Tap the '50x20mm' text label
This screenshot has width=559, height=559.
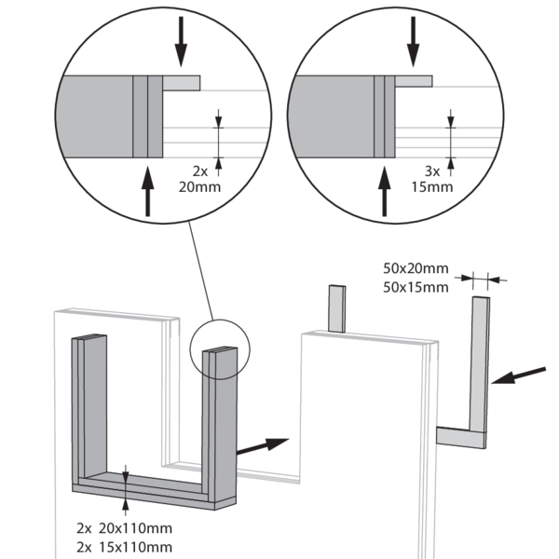416,268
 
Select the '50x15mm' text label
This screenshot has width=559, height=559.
416,287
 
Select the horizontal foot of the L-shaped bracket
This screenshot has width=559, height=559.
462,435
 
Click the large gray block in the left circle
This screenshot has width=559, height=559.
95,116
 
